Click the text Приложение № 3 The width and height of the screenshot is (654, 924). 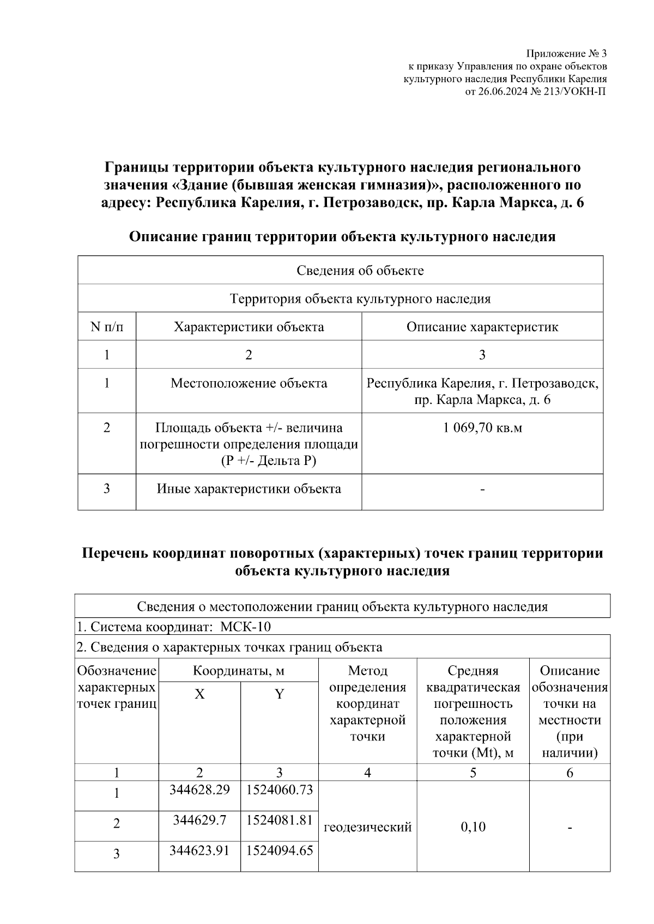click(566, 53)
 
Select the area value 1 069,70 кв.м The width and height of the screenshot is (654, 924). click(482, 427)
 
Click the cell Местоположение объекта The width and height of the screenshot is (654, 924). click(249, 383)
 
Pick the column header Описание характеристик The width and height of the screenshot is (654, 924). click(482, 327)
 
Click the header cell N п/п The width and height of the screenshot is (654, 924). click(107, 327)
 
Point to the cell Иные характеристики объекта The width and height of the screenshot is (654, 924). click(249, 488)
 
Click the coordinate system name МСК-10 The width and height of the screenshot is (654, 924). click(245, 627)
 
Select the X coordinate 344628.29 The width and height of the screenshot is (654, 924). click(199, 789)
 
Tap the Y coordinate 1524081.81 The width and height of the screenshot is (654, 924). click(279, 819)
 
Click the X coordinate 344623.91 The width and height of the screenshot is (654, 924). click(199, 849)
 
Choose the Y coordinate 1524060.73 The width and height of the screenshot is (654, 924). click(279, 789)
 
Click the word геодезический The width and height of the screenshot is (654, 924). click(367, 827)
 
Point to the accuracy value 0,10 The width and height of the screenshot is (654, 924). click(473, 827)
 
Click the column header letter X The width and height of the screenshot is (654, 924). click(199, 694)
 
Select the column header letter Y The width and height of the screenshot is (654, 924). click(279, 694)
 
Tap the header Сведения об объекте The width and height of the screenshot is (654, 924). click(360, 271)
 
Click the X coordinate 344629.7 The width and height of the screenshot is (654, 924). click(199, 819)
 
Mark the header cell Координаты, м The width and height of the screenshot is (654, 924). click(238, 670)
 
